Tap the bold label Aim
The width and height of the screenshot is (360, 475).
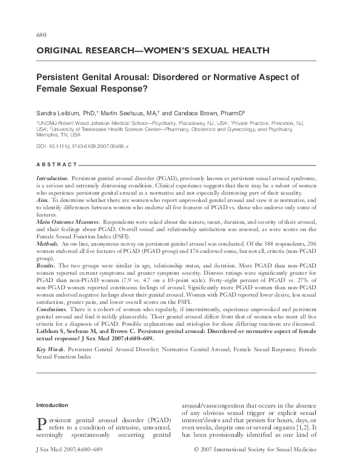click(42, 199)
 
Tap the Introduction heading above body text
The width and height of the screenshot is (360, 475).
click(53, 405)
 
